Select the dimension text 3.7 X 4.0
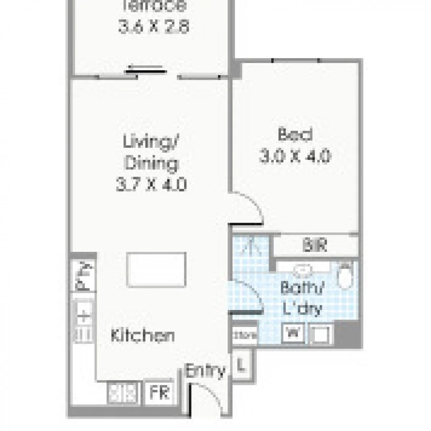(x=151, y=184)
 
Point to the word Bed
(x=295, y=135)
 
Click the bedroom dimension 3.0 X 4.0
(x=295, y=156)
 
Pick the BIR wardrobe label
(x=315, y=246)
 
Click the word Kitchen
(x=142, y=335)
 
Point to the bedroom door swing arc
(x=251, y=203)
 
